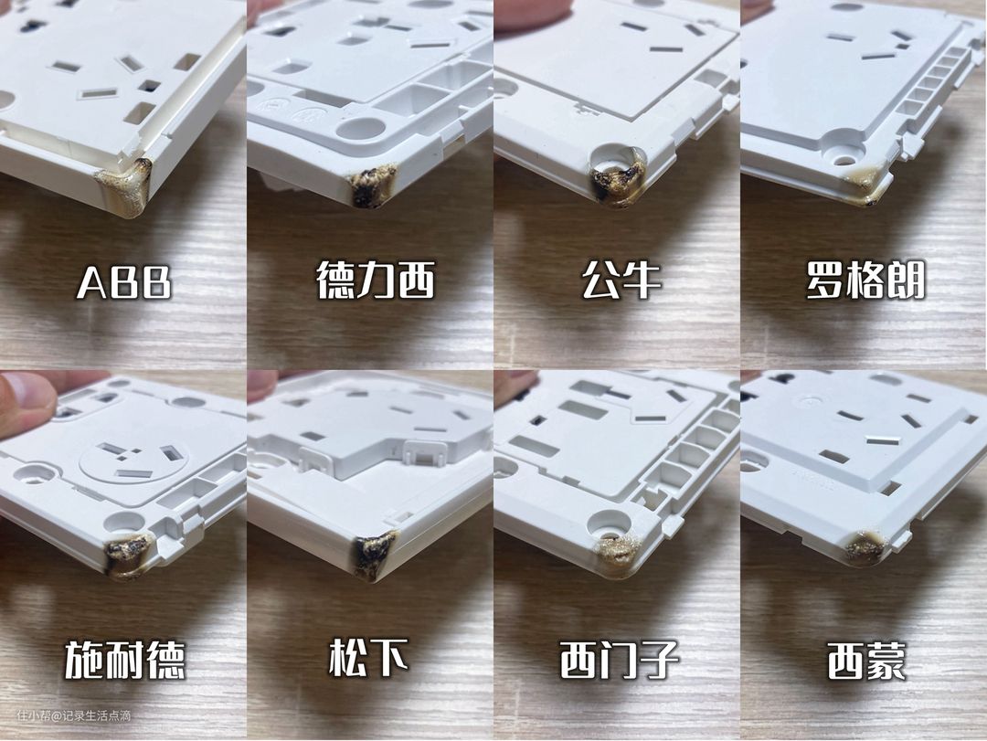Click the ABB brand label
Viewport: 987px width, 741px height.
pyautogui.click(x=124, y=282)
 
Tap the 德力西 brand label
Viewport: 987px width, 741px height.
pyautogui.click(x=376, y=281)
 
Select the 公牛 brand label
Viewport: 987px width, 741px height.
pyautogui.click(x=621, y=281)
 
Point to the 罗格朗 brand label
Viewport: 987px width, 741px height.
pyautogui.click(x=866, y=281)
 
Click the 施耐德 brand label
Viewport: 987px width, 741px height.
pyautogui.click(x=125, y=660)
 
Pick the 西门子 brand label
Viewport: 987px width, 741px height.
pyautogui.click(x=620, y=660)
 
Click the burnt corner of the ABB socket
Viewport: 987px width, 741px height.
pyautogui.click(x=124, y=186)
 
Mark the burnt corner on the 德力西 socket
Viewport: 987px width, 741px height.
pyautogui.click(x=375, y=185)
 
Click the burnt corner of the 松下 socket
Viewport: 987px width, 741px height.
pyautogui.click(x=376, y=556)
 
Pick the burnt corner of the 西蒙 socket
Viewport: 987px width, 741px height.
pyautogui.click(x=864, y=547)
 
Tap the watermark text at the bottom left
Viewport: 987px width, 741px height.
pyautogui.click(x=74, y=715)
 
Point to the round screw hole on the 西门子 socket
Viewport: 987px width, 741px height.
pyautogui.click(x=610, y=522)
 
